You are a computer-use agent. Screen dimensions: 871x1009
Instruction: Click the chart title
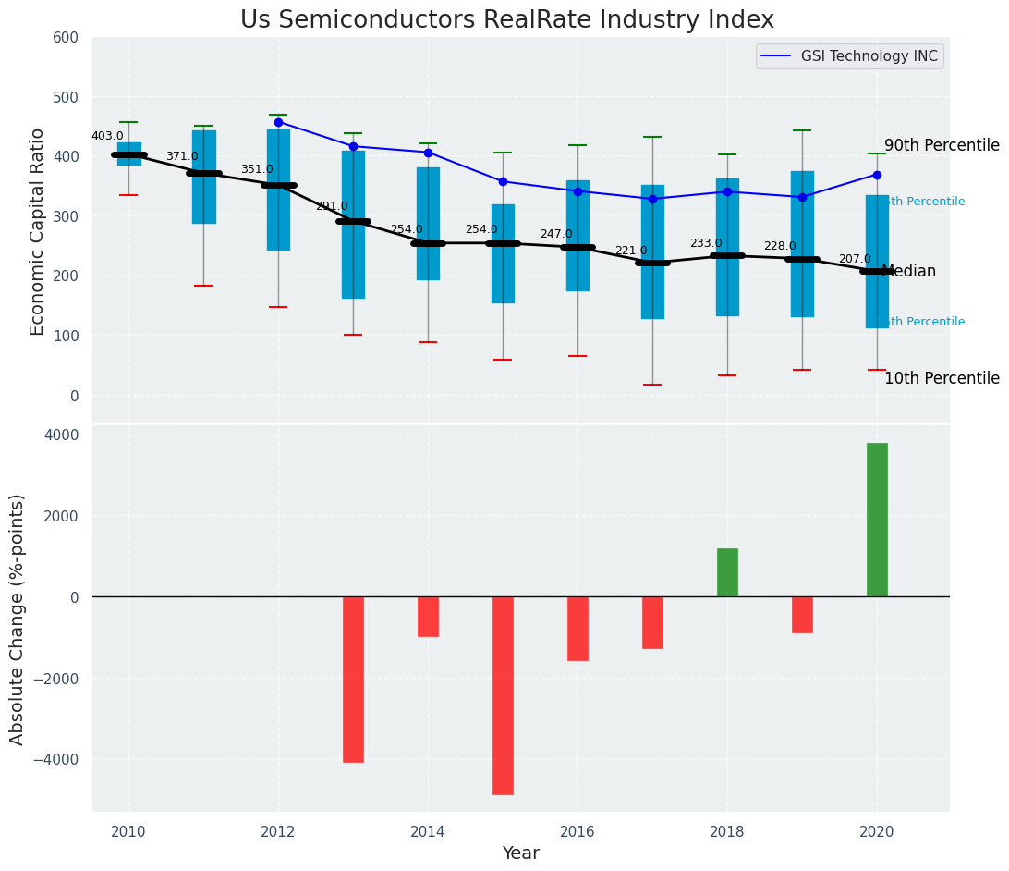coord(506,20)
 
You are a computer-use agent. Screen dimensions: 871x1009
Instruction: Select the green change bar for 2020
coord(877,520)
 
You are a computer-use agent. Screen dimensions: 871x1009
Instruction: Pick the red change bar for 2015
coord(503,695)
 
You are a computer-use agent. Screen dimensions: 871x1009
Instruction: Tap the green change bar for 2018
coord(727,572)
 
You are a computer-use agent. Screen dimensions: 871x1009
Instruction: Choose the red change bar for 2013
coord(353,679)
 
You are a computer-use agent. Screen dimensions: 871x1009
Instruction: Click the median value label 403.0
coord(107,136)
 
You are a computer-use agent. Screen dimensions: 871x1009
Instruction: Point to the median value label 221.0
coord(631,251)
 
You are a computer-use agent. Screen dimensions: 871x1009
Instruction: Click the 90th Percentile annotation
coord(942,146)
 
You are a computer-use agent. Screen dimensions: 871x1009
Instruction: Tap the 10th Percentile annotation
coord(942,378)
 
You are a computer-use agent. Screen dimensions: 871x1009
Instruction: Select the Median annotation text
coord(909,272)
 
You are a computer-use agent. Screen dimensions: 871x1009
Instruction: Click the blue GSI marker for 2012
coord(278,122)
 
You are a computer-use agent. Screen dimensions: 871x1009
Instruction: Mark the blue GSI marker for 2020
coord(877,175)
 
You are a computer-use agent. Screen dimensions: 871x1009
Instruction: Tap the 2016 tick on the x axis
coord(577,832)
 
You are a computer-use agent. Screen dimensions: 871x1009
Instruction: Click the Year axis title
coord(520,853)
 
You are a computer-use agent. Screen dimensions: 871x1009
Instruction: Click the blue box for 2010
coord(128,153)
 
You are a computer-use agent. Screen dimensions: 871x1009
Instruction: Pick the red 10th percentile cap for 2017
coord(652,385)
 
